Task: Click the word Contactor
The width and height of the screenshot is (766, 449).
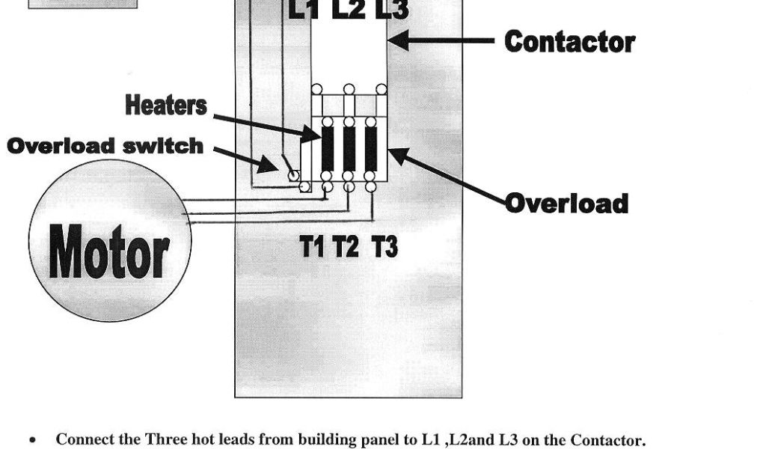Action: [569, 41]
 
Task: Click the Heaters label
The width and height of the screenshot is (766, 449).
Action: [165, 106]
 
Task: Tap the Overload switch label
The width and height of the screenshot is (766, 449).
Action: [105, 146]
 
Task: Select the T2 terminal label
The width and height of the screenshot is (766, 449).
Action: [346, 246]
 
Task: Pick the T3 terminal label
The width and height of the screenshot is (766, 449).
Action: [384, 246]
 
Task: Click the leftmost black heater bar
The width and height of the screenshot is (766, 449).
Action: [328, 149]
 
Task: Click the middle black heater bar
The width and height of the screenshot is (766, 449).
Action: [349, 149]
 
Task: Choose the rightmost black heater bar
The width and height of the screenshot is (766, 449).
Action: [371, 149]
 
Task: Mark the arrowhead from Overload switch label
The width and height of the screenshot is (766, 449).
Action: [268, 166]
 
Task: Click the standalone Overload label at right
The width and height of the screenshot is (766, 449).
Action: [566, 203]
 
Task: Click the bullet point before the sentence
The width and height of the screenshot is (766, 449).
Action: [32, 440]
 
